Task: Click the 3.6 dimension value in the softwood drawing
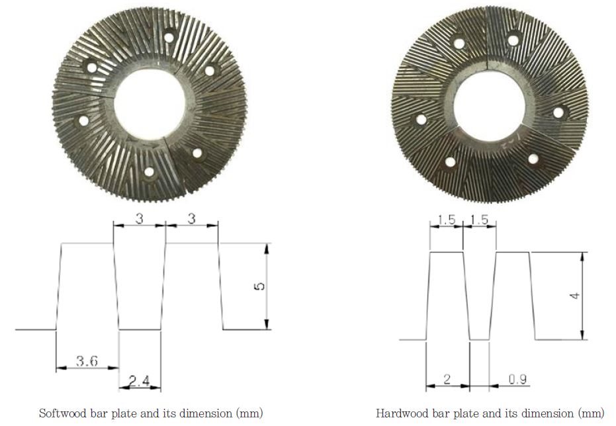point(87,361)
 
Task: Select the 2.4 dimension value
point(140,381)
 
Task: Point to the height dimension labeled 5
point(259,286)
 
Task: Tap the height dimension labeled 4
point(576,295)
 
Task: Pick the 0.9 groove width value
point(518,379)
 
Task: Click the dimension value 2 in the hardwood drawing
point(447,379)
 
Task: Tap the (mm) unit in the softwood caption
point(250,413)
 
